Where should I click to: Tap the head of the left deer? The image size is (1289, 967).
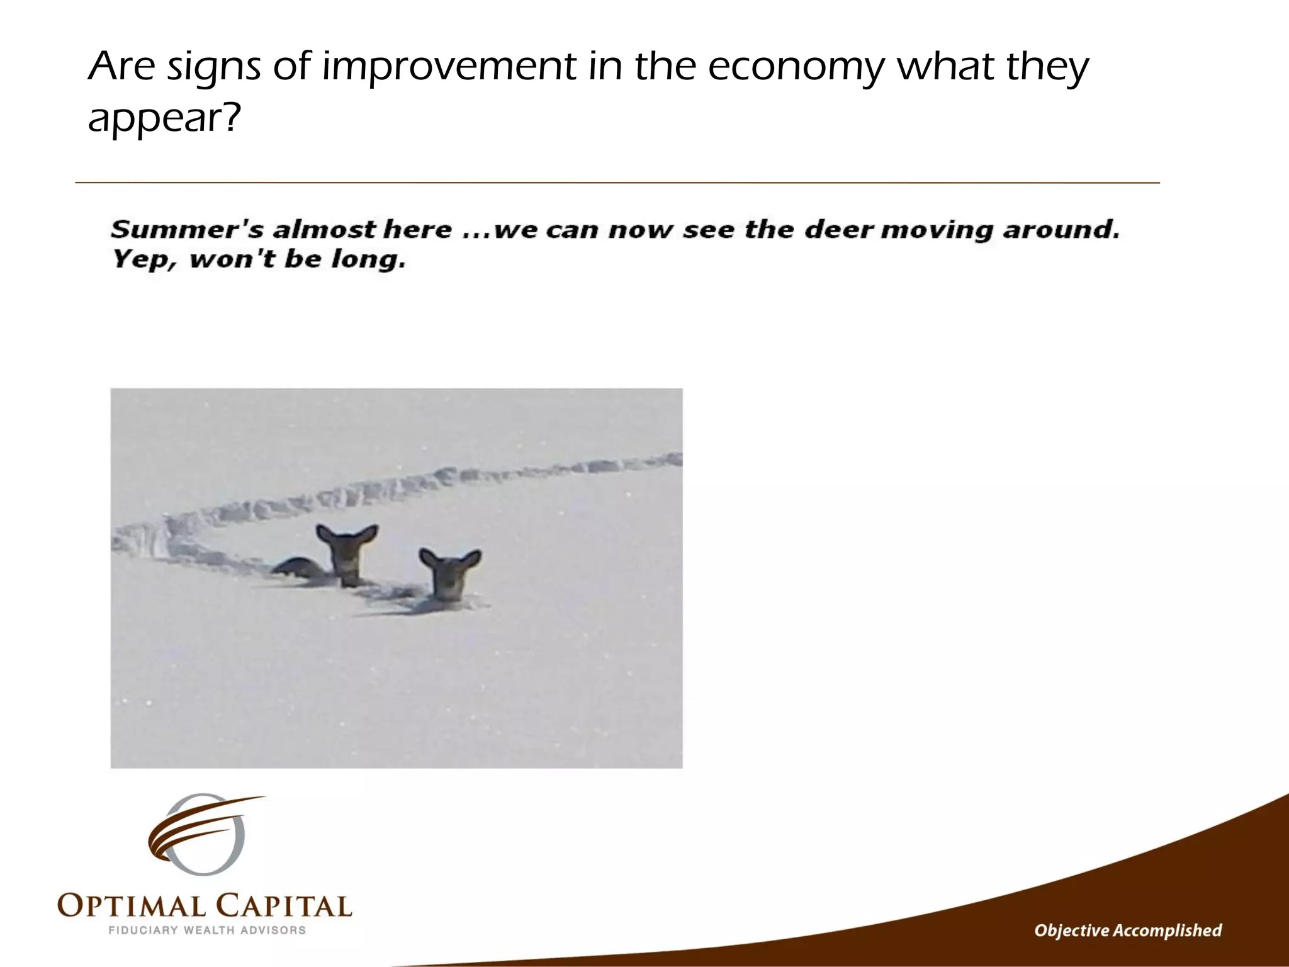point(347,554)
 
